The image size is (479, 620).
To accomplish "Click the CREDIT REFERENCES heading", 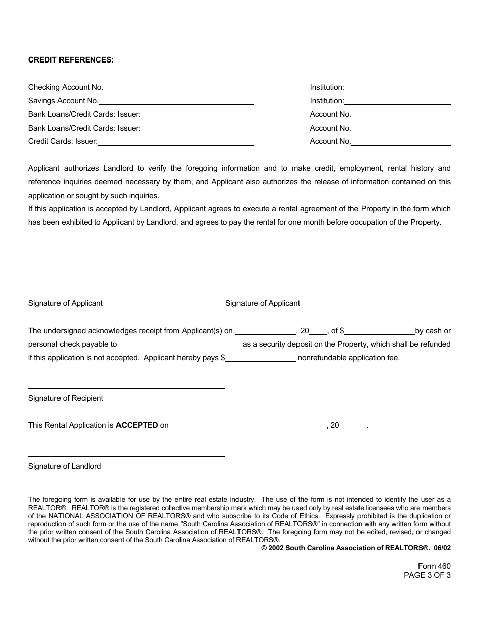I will [x=71, y=60].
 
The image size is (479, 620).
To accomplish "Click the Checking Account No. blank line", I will [x=178, y=88].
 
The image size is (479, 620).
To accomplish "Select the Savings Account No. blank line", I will [x=176, y=102].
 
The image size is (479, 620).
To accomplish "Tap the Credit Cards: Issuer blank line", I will [x=175, y=142].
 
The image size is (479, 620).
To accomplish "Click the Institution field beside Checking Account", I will [x=397, y=88].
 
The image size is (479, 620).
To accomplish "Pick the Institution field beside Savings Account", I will [x=397, y=102].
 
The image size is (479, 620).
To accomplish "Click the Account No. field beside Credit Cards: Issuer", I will [x=401, y=142].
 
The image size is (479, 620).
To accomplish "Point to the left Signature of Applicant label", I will [x=66, y=303].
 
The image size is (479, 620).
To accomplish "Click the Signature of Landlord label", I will [x=65, y=466].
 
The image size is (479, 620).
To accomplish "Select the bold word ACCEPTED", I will [x=137, y=425].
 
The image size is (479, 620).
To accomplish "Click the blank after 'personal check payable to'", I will [x=179, y=345].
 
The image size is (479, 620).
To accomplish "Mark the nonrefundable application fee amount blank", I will [x=261, y=359].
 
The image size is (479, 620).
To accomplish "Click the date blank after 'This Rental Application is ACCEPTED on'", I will [x=249, y=426].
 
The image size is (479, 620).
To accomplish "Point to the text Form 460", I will [x=434, y=566].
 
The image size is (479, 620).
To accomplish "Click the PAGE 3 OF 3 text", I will [x=427, y=575].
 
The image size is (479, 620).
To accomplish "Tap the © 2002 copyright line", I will [x=355, y=548].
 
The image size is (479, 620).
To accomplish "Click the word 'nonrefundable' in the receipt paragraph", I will [x=321, y=358].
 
